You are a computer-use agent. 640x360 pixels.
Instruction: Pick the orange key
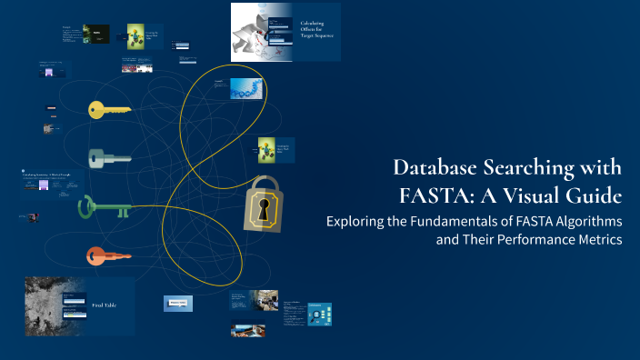108,256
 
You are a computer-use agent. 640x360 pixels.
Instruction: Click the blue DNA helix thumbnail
247,88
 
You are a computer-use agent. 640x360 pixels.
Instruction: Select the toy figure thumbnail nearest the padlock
266,149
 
